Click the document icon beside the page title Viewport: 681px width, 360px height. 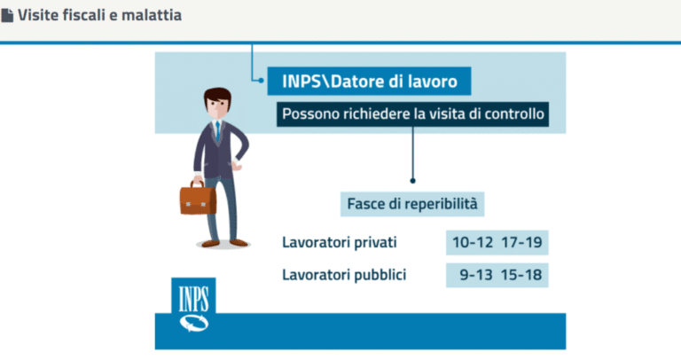7,15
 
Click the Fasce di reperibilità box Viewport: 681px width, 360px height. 413,204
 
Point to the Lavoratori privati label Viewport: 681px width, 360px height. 340,242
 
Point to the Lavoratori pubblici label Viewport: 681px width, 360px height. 344,275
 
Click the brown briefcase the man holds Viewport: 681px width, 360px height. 198,200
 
